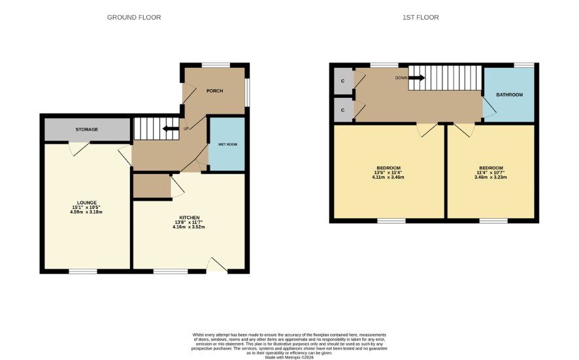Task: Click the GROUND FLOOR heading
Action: click(134, 18)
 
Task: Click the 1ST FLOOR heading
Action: click(421, 18)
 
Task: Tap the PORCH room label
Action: click(214, 91)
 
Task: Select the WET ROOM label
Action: click(227, 144)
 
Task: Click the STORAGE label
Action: click(87, 129)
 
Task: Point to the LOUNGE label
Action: click(87, 203)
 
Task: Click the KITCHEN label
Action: click(190, 218)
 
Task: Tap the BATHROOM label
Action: click(510, 95)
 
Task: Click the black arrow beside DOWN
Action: click(416, 78)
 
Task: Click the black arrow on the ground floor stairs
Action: click(171, 129)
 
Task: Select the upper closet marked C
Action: click(343, 81)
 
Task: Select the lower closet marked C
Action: click(343, 110)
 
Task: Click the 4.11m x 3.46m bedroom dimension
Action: click(388, 177)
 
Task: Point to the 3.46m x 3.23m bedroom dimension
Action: click(490, 177)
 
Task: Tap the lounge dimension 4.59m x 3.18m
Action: click(86, 212)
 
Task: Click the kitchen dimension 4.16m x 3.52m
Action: click(189, 227)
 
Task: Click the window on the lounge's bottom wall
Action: click(83, 272)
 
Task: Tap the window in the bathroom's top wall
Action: click(524, 65)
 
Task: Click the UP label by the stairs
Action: click(186, 129)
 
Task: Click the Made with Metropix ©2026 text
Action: click(289, 357)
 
